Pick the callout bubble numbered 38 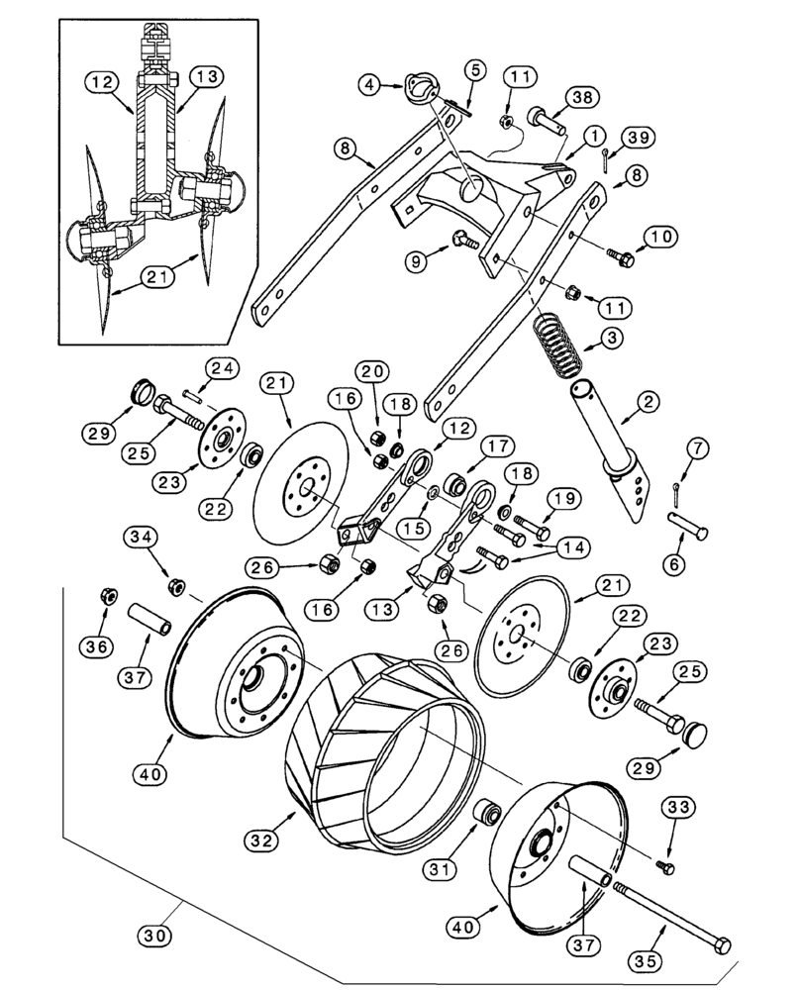[584, 96]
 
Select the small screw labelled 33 [666, 868]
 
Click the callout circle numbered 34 [141, 538]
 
